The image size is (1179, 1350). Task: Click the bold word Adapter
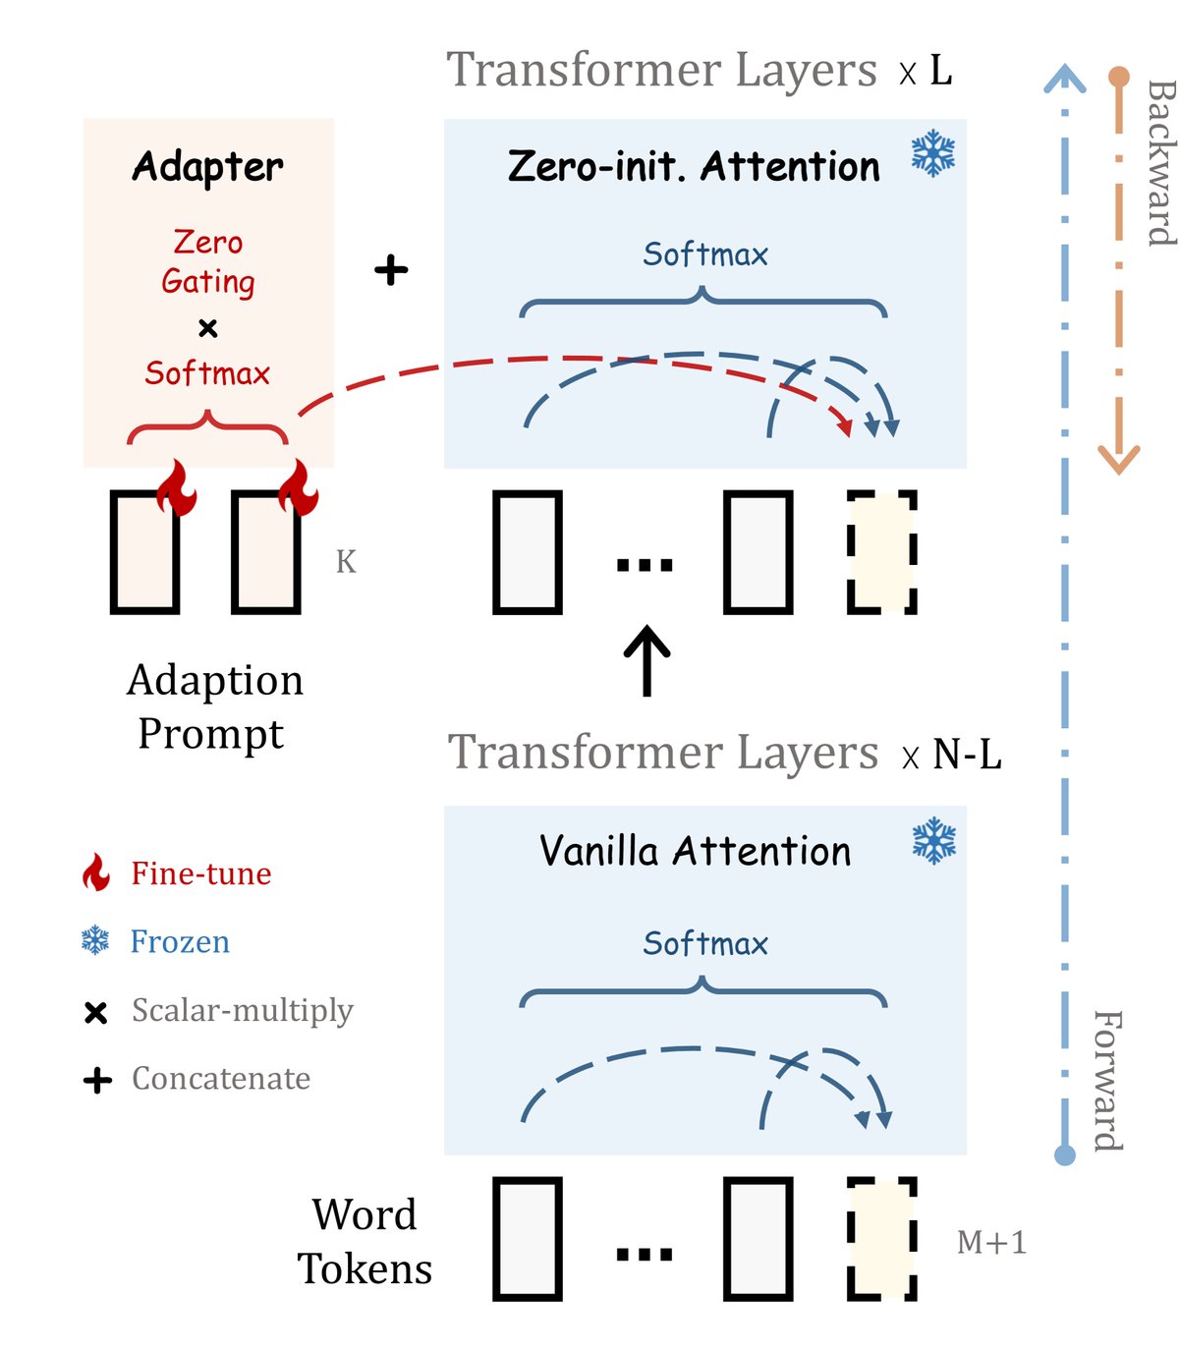(x=207, y=167)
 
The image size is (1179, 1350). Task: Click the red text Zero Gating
(x=208, y=261)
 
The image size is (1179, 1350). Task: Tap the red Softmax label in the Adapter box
(x=207, y=373)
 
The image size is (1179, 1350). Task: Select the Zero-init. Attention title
(x=694, y=167)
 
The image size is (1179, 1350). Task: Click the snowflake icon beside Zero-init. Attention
(x=932, y=154)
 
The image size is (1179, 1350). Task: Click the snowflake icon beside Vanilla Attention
(x=933, y=841)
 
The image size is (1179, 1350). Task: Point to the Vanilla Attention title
(x=695, y=851)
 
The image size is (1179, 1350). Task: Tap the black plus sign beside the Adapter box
(x=391, y=269)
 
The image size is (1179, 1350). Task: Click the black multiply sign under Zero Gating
(x=207, y=327)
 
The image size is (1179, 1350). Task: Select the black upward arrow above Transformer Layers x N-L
(x=647, y=659)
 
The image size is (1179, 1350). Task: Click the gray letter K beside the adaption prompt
(x=346, y=562)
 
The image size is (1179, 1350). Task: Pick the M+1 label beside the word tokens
(x=991, y=1243)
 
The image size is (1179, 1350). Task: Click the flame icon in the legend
(x=96, y=872)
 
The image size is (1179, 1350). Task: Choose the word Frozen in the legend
(x=180, y=941)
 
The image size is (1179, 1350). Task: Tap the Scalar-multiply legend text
(x=242, y=1010)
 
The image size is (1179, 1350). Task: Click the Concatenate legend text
(x=221, y=1079)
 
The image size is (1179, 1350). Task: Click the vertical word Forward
(x=1108, y=1080)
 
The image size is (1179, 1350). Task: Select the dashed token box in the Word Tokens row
(x=882, y=1239)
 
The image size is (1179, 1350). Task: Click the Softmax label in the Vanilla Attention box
(x=704, y=943)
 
